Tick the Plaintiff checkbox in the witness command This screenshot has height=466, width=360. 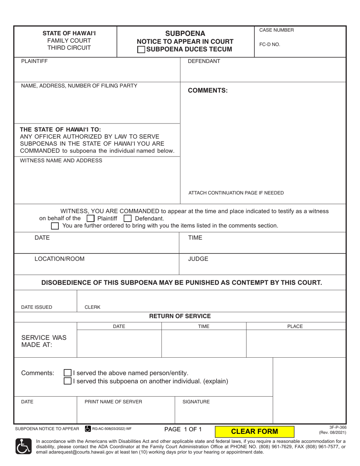coord(90,219)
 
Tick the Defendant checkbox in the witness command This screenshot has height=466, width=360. coord(128,219)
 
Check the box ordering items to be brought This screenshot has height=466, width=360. coord(55,226)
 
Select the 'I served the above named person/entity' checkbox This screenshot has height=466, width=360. coord(67,373)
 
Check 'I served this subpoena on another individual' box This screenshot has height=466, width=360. coord(67,381)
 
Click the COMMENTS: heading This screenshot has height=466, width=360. coord(208,91)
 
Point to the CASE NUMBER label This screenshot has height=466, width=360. coord(276,30)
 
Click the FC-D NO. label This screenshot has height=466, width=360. coord(269,44)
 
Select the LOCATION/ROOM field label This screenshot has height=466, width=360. coord(59,259)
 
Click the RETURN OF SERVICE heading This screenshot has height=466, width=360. coord(180,316)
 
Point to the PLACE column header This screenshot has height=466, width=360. coord(295,326)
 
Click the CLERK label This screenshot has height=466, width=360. coord(92,307)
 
